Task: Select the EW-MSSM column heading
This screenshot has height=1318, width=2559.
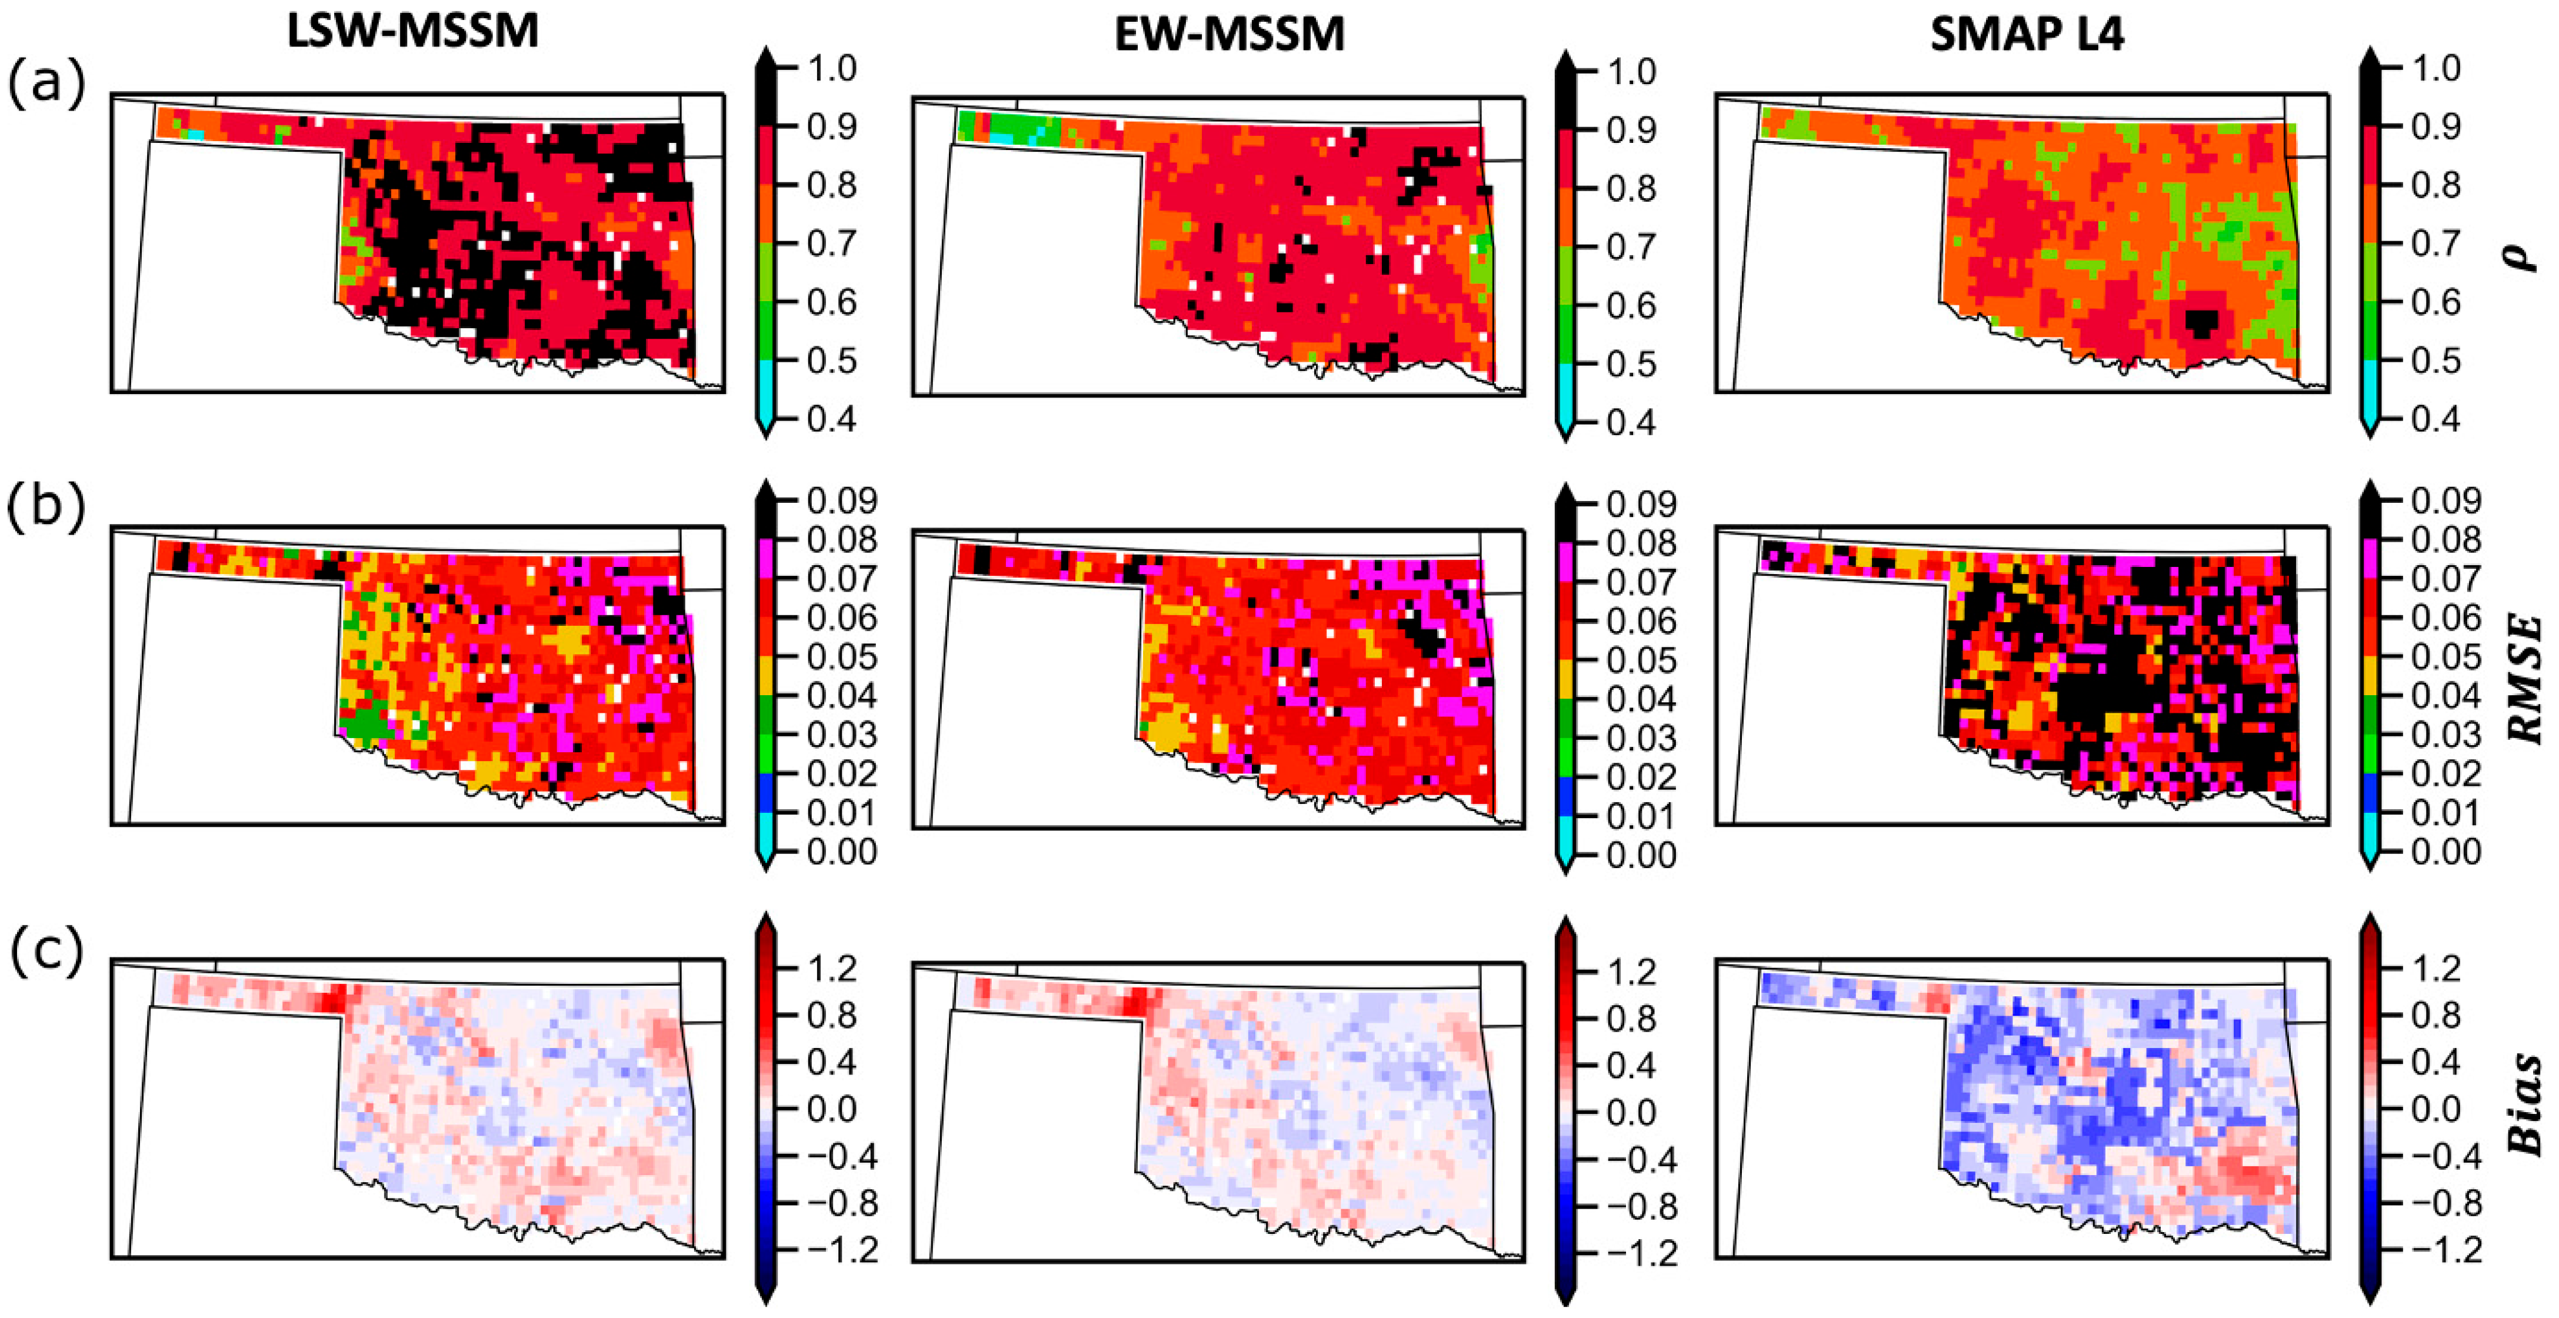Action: point(1230,35)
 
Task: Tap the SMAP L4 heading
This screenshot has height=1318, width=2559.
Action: point(2027,35)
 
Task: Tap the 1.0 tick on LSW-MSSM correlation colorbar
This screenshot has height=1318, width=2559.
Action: point(831,69)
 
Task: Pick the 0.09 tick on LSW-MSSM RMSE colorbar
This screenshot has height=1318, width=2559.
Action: point(841,500)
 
